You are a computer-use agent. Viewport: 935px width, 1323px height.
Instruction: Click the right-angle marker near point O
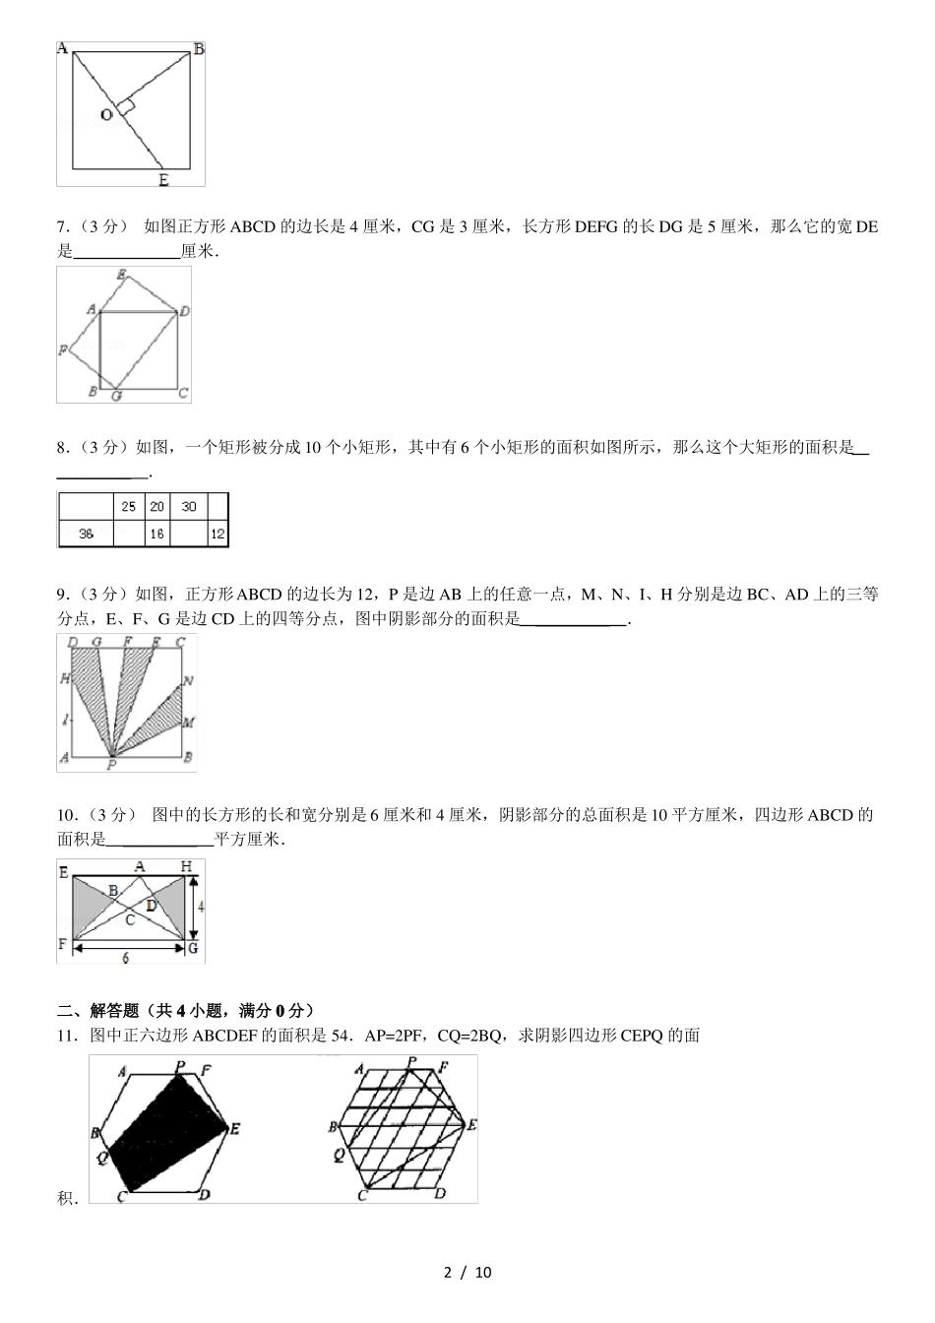pos(125,104)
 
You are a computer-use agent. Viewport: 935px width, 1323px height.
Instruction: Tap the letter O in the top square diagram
pos(106,115)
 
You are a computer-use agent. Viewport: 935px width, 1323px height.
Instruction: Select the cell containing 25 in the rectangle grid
pos(129,507)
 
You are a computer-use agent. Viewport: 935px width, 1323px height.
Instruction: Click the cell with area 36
pos(86,534)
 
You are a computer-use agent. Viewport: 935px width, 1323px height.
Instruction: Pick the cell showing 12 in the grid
pos(218,534)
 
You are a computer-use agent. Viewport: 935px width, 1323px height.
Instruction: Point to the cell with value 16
pos(156,534)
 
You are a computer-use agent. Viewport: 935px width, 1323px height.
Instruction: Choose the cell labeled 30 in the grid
pos(188,507)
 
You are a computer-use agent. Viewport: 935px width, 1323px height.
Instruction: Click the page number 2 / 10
pos(467,1272)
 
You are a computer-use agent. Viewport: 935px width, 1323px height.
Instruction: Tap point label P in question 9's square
pos(111,764)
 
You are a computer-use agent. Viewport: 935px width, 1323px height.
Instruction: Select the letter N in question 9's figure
pos(188,680)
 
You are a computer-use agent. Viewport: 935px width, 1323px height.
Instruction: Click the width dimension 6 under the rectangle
pos(124,956)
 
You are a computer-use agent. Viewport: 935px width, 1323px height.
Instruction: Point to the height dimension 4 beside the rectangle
pos(200,907)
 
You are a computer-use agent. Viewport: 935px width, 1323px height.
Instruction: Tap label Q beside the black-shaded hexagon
pos(101,1158)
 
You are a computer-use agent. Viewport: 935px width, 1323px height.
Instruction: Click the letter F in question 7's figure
pos(63,349)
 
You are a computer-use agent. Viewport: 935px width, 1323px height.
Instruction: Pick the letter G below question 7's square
pos(116,396)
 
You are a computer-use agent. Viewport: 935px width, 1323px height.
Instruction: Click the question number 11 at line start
pos(66,1035)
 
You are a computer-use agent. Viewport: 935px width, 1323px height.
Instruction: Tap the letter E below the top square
pos(163,179)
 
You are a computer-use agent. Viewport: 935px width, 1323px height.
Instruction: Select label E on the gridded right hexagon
pos(472,1124)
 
